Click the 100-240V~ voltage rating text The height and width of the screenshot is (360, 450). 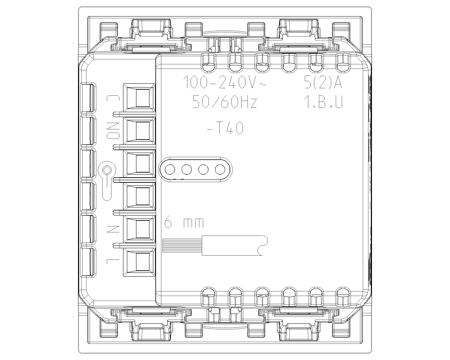(x=225, y=82)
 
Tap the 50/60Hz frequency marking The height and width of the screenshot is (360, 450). (x=225, y=102)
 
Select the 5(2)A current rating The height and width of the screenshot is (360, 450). (x=323, y=82)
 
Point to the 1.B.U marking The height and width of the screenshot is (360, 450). (x=323, y=102)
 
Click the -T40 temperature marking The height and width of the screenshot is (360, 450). (x=225, y=128)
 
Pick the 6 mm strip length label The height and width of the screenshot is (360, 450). (x=184, y=223)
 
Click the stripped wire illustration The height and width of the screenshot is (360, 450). (x=215, y=246)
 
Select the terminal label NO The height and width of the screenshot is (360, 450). (x=113, y=130)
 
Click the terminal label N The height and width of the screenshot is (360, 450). (x=113, y=229)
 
